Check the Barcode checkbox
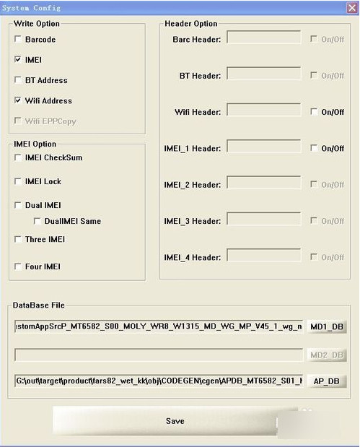click(x=18, y=40)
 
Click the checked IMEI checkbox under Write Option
click(x=18, y=60)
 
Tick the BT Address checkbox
click(x=18, y=80)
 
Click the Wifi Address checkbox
click(x=18, y=100)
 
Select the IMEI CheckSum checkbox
click(x=18, y=157)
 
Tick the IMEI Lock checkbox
click(x=18, y=181)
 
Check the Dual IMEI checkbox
click(x=18, y=205)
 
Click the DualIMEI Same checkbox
click(x=37, y=221)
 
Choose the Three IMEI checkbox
click(x=18, y=239)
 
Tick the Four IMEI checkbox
click(x=18, y=266)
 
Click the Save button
click(x=175, y=420)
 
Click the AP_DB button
click(x=327, y=381)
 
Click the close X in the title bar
click(x=350, y=7)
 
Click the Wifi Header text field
click(x=263, y=110)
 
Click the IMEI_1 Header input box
click(x=263, y=147)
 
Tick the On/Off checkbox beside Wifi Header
click(x=314, y=112)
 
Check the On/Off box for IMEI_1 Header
click(x=314, y=148)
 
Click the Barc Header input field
click(x=263, y=37)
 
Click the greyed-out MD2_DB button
click(x=327, y=355)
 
